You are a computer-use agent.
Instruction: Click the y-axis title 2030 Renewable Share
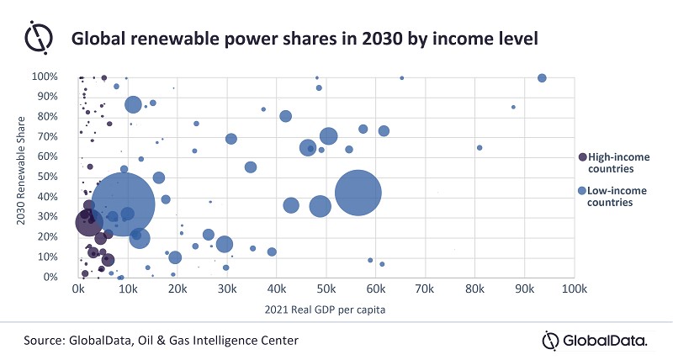(x=21, y=177)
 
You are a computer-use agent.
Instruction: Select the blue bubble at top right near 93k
(x=542, y=78)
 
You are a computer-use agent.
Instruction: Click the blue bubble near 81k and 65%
(x=480, y=148)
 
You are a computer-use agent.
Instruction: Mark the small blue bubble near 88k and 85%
(x=513, y=107)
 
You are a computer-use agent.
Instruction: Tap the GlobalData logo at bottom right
(x=596, y=340)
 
